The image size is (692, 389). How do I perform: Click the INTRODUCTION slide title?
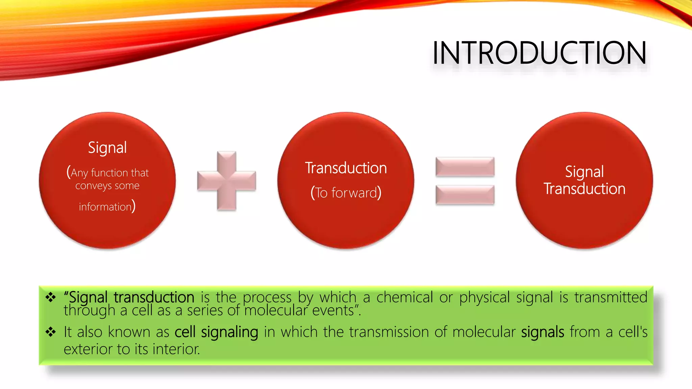click(539, 53)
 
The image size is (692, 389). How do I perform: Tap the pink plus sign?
click(226, 181)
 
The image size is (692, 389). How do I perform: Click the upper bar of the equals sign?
click(465, 167)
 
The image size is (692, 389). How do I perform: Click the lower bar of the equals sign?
click(465, 195)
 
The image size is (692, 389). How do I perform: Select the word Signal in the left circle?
click(107, 148)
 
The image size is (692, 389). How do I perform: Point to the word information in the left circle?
click(105, 207)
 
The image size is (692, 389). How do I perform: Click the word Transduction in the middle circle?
click(346, 168)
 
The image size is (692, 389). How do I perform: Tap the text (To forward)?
click(346, 193)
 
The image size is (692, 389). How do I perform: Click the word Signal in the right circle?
click(584, 172)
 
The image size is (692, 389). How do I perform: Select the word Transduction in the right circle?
click(584, 189)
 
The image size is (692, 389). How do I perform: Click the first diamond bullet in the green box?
click(51, 297)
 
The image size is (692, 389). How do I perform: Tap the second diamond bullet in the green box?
click(51, 332)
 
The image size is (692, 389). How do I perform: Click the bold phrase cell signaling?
click(216, 332)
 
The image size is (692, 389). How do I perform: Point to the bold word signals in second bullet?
click(542, 332)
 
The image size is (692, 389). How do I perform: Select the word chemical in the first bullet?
click(404, 297)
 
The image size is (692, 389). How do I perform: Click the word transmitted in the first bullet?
click(611, 297)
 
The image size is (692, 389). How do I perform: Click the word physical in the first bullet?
click(484, 297)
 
